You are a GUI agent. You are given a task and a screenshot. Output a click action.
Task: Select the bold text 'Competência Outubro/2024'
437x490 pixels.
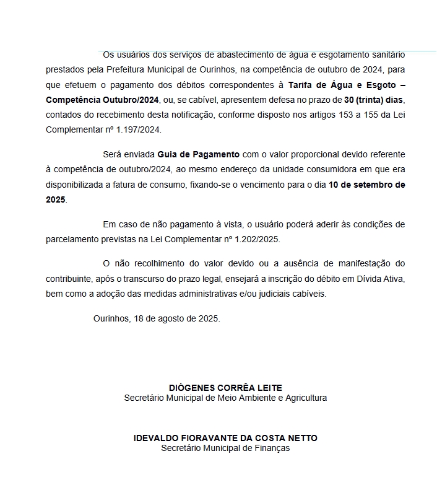pyautogui.click(x=103, y=99)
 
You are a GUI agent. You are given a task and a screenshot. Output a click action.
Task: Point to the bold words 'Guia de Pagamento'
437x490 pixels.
pyautogui.click(x=198, y=154)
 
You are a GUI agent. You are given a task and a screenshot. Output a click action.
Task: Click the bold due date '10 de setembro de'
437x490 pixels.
pyautogui.click(x=367, y=185)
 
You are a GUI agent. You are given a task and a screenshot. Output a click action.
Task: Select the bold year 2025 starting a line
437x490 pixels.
pyautogui.click(x=56, y=199)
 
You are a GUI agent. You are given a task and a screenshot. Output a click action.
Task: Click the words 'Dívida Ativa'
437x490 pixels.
pyautogui.click(x=380, y=279)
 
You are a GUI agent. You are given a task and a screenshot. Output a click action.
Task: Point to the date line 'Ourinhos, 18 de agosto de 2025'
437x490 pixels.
pyautogui.click(x=157, y=318)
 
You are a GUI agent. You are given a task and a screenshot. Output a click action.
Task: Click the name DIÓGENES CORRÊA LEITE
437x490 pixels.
pyautogui.click(x=225, y=387)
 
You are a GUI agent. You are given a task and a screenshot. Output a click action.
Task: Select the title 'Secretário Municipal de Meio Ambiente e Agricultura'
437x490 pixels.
pyautogui.click(x=225, y=398)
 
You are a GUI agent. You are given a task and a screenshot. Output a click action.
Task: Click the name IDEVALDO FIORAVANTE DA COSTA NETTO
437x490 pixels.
pyautogui.click(x=225, y=437)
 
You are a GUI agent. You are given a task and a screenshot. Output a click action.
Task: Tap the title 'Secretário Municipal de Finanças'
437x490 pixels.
pyautogui.click(x=225, y=447)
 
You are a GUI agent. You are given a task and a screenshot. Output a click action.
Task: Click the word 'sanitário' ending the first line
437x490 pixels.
pyautogui.click(x=387, y=55)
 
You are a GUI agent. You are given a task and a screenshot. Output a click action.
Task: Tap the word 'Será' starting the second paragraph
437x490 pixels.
pyautogui.click(x=112, y=154)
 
